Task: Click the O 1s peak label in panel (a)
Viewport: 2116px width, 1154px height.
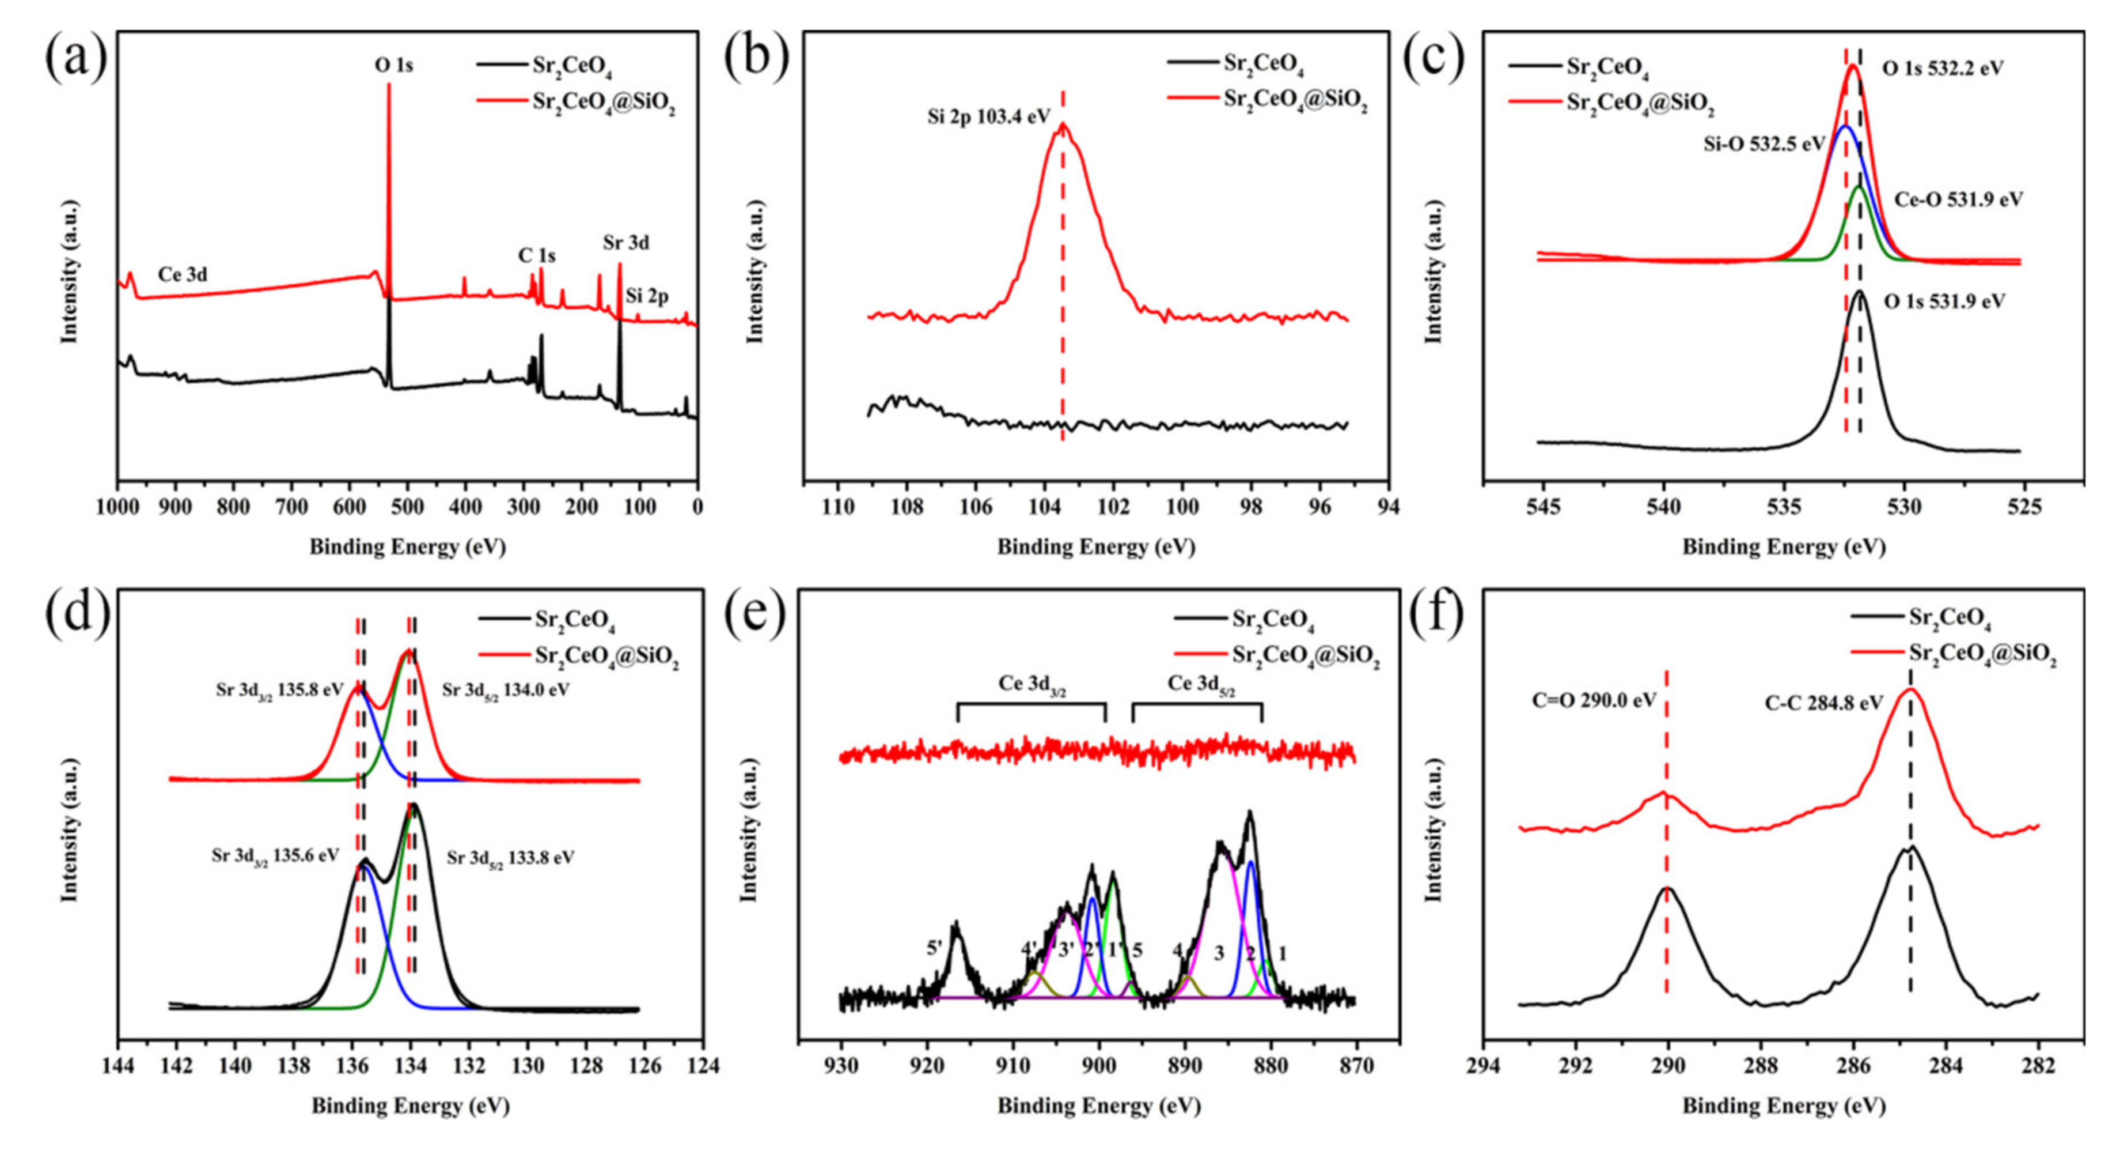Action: [x=395, y=66]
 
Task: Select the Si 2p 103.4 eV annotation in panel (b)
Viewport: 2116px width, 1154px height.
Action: [x=989, y=116]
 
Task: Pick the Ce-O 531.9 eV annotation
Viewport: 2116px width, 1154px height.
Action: [x=1958, y=199]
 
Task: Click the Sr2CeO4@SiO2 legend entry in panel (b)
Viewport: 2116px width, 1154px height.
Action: [x=1295, y=100]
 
